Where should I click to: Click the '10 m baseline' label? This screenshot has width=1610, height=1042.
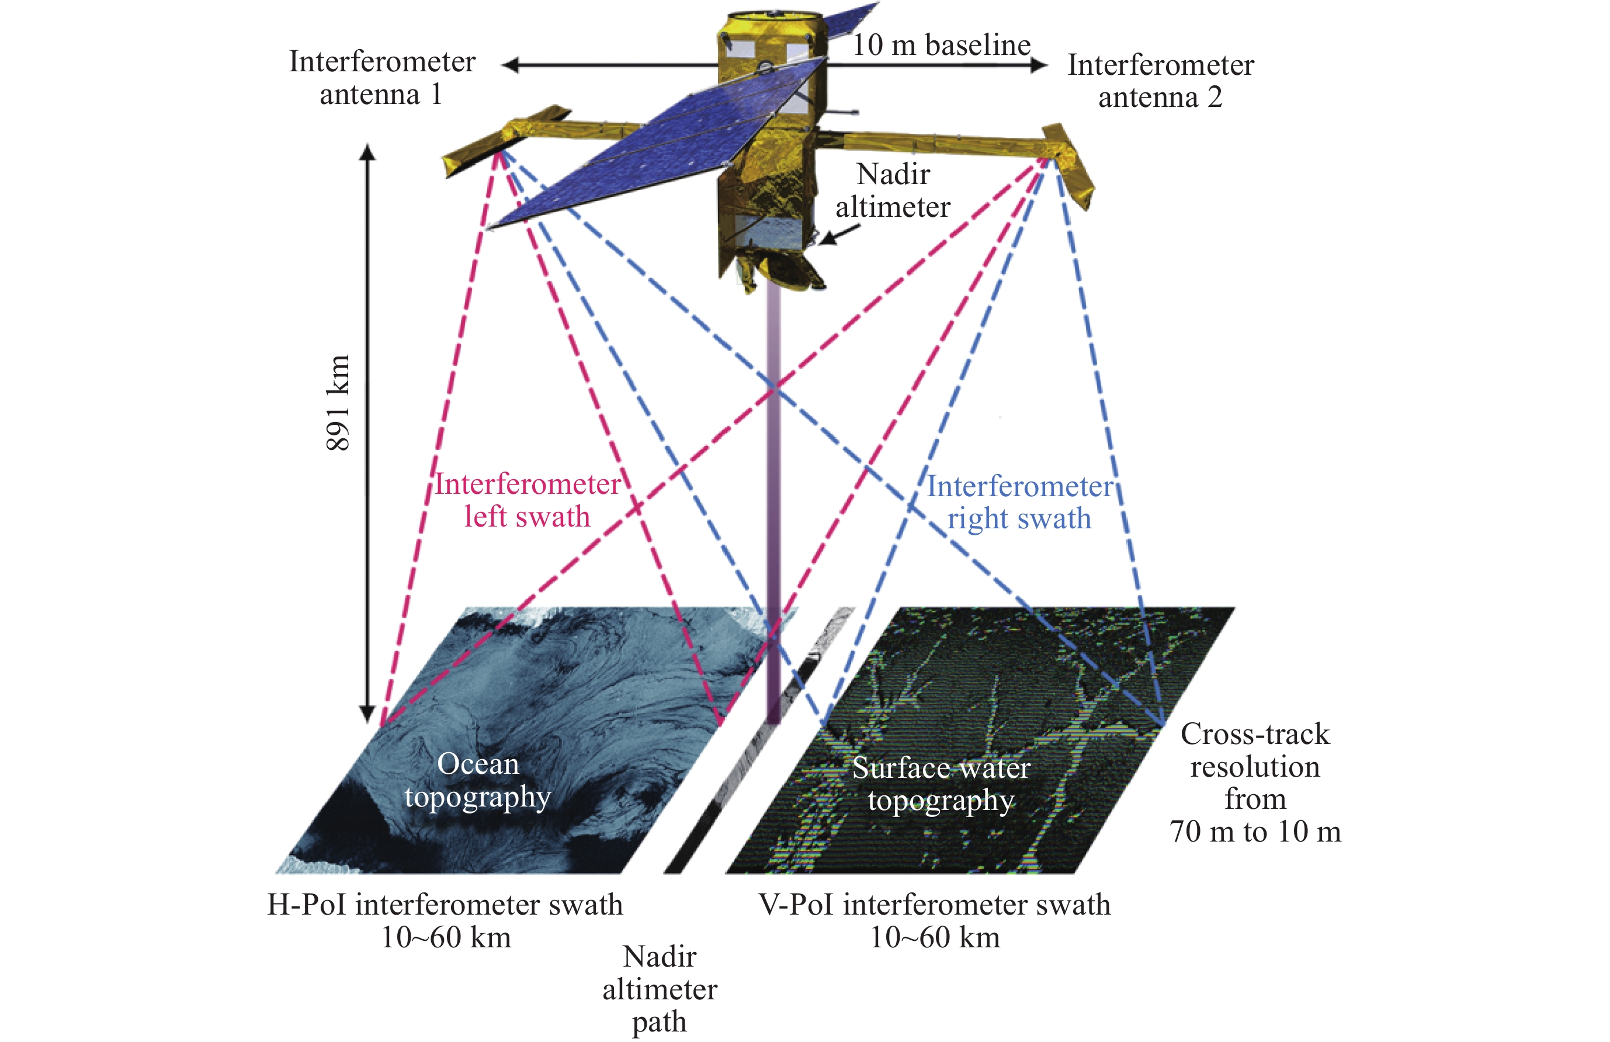click(x=941, y=44)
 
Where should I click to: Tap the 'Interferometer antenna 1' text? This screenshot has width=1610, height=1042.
click(x=382, y=77)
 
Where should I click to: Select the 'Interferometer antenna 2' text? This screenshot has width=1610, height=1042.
click(x=1160, y=81)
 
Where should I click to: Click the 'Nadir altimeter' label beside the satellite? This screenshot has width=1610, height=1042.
click(x=893, y=190)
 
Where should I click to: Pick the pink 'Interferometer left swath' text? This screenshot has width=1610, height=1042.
click(x=527, y=500)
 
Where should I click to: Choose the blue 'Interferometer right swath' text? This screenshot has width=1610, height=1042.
click(x=1019, y=502)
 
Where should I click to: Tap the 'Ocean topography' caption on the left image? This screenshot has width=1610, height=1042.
click(x=477, y=780)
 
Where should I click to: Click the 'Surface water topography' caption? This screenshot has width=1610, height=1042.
click(x=941, y=784)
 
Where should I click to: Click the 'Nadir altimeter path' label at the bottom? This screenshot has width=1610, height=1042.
click(x=660, y=989)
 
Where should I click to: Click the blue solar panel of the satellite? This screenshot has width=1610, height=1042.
click(x=649, y=149)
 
